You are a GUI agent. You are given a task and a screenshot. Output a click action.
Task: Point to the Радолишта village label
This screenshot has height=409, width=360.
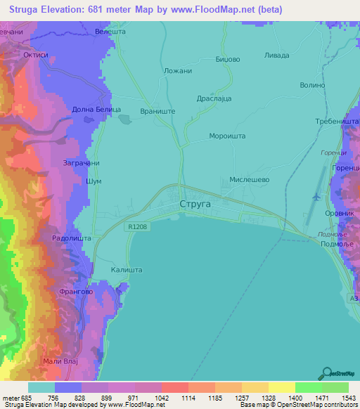(70, 238)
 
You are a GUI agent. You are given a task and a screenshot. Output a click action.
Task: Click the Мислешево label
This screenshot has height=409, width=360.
(250, 179)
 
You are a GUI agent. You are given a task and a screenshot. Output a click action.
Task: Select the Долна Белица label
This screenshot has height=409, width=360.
(97, 110)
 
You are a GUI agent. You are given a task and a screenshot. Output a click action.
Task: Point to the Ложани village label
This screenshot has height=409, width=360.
(177, 72)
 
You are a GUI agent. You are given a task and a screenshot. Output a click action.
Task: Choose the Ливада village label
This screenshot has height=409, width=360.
(276, 55)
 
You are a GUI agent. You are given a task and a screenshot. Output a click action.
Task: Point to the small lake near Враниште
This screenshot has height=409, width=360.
(124, 119)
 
